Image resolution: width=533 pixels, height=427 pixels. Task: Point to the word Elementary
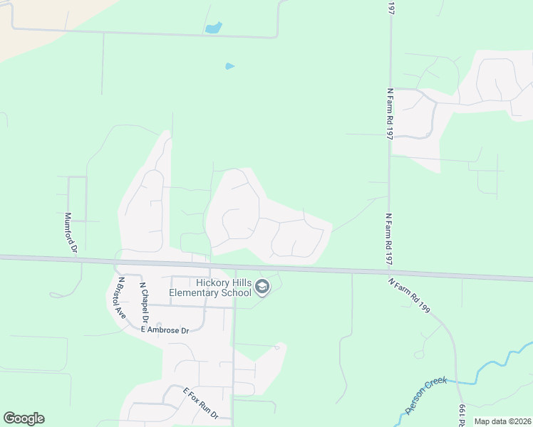pyautogui.click(x=194, y=292)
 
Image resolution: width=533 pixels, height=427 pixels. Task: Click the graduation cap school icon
pyautogui.click(x=262, y=288)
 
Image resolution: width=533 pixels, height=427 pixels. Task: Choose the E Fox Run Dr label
pyautogui.click(x=200, y=404)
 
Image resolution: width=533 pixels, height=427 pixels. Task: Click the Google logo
pyautogui.click(x=24, y=418)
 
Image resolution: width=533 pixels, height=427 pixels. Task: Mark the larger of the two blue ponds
pyautogui.click(x=213, y=28)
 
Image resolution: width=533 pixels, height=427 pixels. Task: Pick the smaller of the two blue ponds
pyautogui.click(x=229, y=66)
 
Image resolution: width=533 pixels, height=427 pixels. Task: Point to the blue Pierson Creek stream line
pyautogui.click(x=492, y=364)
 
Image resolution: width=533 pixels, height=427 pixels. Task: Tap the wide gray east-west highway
pyautogui.click(x=321, y=269)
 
